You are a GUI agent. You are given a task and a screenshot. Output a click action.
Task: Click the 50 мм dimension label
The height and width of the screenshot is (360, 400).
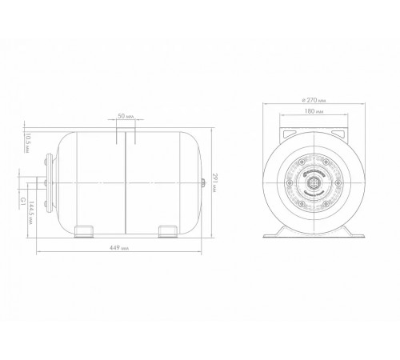[126, 116]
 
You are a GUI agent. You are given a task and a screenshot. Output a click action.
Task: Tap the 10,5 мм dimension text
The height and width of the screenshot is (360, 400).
[27, 143]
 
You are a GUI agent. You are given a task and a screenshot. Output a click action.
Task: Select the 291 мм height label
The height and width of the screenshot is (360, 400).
[214, 183]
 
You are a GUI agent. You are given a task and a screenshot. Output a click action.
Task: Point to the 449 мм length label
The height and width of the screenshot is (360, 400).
[119, 248]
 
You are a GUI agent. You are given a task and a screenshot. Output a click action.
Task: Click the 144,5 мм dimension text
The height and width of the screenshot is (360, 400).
[31, 213]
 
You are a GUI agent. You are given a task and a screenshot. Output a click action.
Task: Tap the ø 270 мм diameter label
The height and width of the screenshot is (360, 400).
[314, 100]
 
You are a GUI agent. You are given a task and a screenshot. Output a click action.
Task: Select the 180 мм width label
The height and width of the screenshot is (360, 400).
[314, 111]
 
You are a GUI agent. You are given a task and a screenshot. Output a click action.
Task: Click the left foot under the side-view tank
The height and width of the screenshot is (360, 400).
[84, 231]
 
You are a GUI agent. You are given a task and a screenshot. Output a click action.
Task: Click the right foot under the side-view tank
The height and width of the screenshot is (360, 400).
[168, 231]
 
